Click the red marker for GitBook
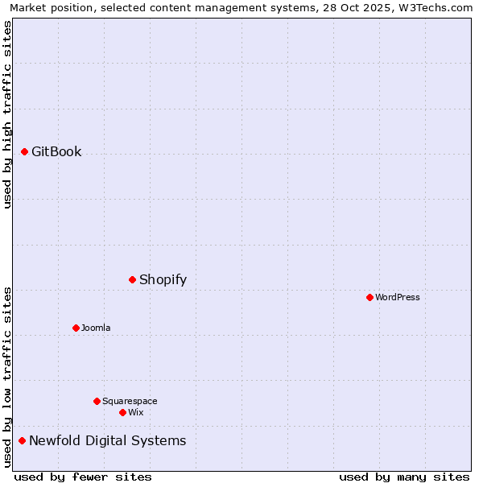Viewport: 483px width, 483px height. coord(25,151)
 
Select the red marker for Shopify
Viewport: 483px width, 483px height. coord(133,279)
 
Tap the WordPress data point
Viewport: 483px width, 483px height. coord(369,297)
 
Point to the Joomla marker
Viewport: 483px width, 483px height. coord(76,328)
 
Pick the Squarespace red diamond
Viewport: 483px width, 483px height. coord(97,401)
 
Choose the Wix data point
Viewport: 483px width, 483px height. coord(122,412)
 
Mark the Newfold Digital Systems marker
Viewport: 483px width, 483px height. coord(23,440)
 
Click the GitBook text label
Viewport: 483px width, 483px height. coord(56,151)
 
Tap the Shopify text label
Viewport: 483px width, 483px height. coord(163,279)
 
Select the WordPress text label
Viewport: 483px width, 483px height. coord(398,297)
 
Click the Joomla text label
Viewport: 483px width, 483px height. coord(96,328)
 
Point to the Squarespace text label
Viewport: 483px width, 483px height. coord(130,401)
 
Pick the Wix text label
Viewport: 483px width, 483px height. coord(136,412)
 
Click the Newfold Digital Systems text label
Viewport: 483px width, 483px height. coord(107,440)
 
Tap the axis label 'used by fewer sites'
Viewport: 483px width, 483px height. coord(83,477)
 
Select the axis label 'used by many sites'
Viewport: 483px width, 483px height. coord(404,477)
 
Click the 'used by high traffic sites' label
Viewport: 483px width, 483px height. coord(7,114)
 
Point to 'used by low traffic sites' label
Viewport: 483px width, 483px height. coord(7,377)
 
